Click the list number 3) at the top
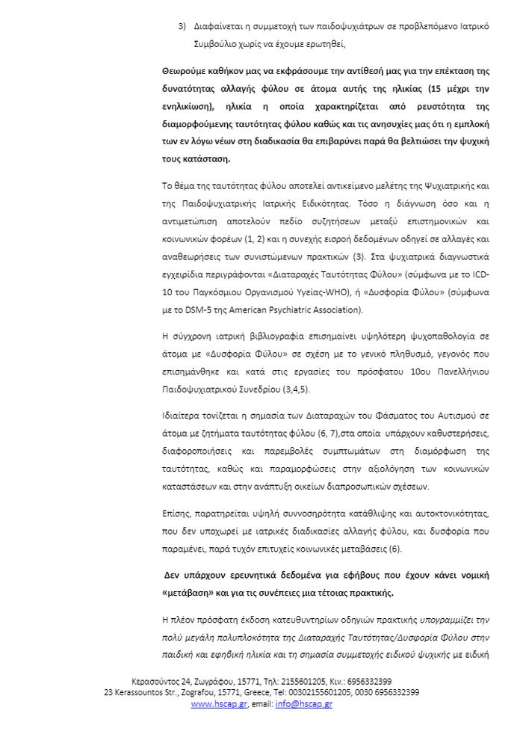[181, 26]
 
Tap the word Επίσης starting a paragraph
[177, 515]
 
